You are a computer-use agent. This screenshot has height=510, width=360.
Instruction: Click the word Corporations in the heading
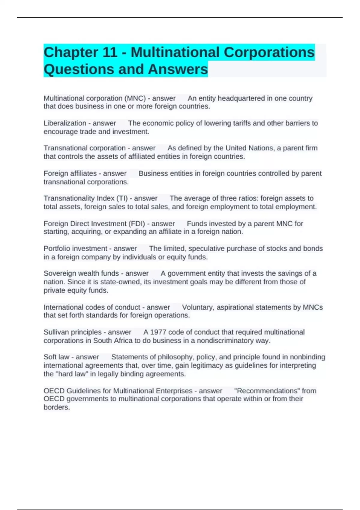269,52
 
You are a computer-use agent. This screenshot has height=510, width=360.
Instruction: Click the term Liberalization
65,123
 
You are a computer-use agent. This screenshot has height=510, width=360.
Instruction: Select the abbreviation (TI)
121,198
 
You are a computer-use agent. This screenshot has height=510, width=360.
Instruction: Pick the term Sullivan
56,332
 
